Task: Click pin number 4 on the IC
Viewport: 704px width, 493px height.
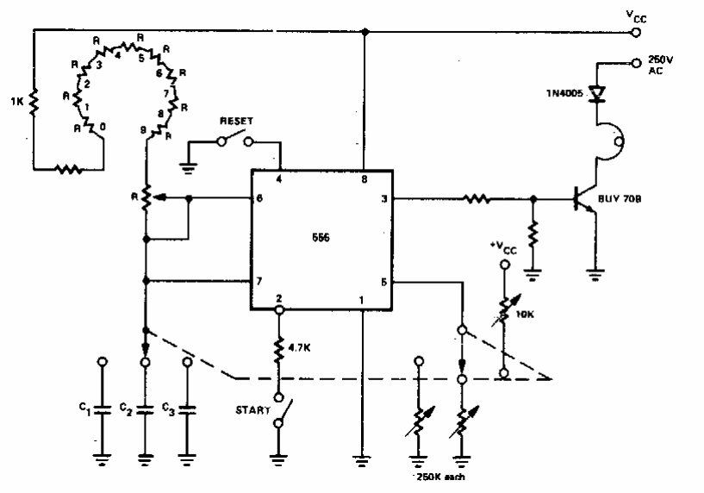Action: coord(277,179)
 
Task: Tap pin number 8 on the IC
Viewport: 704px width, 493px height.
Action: coord(365,179)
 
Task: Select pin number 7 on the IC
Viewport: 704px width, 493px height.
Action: coord(259,282)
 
